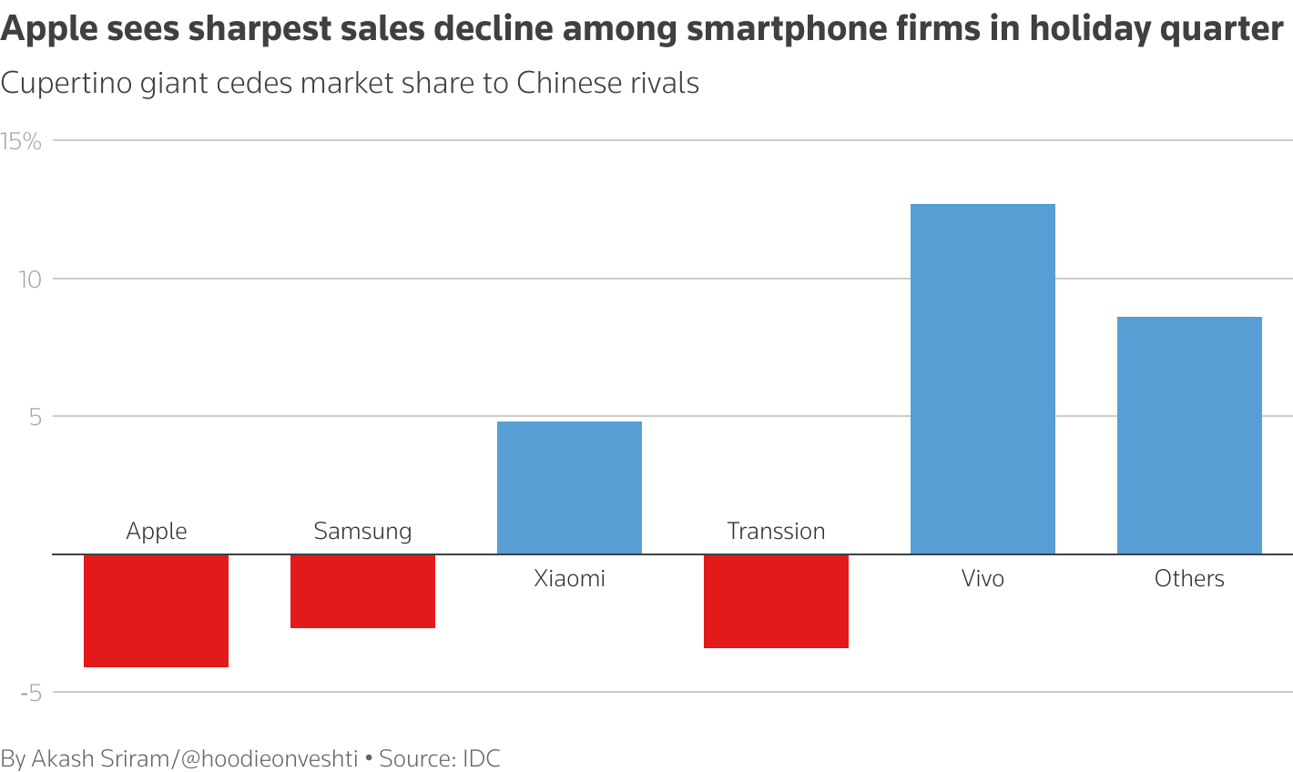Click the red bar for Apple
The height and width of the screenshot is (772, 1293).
pos(156,610)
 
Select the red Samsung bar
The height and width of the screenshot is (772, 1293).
pos(362,591)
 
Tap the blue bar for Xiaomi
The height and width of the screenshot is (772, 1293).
pos(569,487)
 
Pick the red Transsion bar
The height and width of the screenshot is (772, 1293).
pos(776,601)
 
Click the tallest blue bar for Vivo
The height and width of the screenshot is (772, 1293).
pos(982,379)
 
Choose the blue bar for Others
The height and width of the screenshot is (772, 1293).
pos(1189,435)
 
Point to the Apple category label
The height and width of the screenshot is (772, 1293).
pos(157,532)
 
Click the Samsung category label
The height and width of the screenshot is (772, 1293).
pos(362,532)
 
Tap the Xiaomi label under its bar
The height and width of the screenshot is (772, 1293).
pos(569,579)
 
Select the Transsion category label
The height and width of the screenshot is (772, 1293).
pos(776,532)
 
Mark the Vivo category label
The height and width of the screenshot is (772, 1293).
pos(982,579)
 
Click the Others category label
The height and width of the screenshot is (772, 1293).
pos(1189,579)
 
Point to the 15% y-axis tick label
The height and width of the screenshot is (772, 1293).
pos(21,141)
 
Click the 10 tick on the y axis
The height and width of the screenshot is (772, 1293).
pos(31,279)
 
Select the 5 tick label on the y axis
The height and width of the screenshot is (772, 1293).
pos(36,418)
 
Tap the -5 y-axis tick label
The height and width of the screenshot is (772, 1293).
pos(31,694)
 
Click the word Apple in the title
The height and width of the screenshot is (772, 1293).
pos(48,29)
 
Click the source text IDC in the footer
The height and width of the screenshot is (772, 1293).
pos(482,758)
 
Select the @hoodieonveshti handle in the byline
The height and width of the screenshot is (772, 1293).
pos(270,758)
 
